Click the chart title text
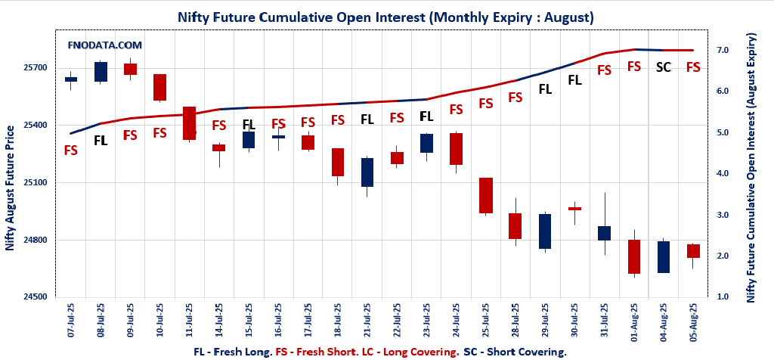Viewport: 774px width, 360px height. (385, 16)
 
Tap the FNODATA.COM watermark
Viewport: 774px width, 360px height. (105, 45)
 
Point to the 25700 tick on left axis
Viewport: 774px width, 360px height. (36, 67)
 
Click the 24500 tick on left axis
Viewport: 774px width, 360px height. (36, 297)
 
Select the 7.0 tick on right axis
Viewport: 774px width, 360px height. (723, 50)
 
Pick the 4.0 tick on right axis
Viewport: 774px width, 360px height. (723, 174)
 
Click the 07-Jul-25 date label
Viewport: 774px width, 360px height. (71, 321)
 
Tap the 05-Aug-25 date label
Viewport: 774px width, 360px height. (693, 321)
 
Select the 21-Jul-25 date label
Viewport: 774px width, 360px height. (367, 321)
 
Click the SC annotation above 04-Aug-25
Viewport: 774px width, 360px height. (664, 67)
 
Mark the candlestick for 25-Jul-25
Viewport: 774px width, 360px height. (486, 195)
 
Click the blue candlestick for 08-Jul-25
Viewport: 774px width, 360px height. (101, 72)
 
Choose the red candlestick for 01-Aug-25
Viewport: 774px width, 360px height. (634, 256)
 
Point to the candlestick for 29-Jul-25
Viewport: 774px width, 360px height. (545, 231)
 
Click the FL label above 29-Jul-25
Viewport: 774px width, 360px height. (545, 88)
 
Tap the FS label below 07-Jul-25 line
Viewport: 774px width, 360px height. (70, 151)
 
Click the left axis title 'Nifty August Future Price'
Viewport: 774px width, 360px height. (10, 188)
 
